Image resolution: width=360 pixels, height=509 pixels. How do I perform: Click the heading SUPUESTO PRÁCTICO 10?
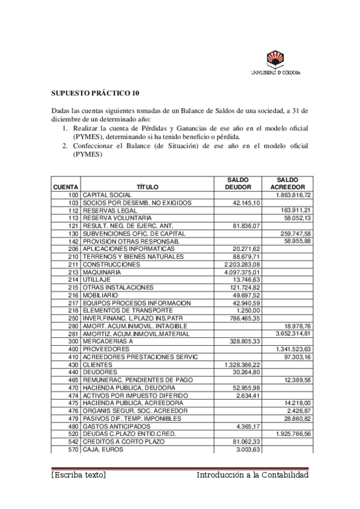click(x=95, y=93)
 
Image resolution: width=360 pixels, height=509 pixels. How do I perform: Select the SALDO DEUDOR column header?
click(x=238, y=183)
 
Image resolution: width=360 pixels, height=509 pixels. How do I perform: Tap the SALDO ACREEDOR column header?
click(x=287, y=183)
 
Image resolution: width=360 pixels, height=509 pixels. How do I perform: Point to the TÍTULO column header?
click(x=147, y=187)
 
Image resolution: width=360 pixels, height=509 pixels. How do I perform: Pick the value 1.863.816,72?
click(x=293, y=196)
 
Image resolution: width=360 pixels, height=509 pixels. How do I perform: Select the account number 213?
click(x=73, y=272)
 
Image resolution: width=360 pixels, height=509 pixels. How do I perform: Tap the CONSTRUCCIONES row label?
click(x=111, y=264)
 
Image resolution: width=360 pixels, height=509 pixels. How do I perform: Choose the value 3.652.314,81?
click(x=293, y=333)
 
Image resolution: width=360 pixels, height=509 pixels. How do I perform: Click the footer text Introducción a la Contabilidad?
click(x=252, y=475)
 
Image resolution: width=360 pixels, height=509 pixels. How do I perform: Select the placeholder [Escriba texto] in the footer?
click(x=79, y=475)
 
